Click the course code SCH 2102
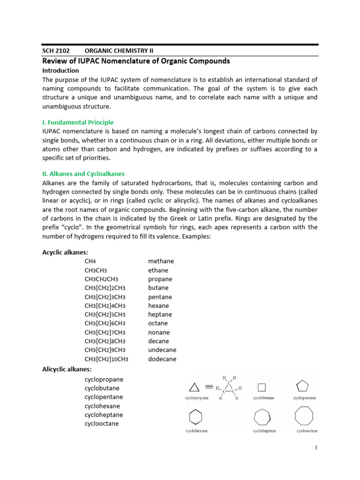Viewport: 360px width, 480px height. pyautogui.click(x=55, y=51)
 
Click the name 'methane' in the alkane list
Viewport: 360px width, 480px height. pyautogui.click(x=161, y=261)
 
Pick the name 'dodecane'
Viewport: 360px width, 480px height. pyautogui.click(x=162, y=359)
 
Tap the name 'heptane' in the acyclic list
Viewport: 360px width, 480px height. pyautogui.click(x=160, y=315)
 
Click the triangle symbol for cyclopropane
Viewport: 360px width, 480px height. pyautogui.click(x=194, y=387)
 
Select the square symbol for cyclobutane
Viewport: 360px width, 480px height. pyautogui.click(x=262, y=387)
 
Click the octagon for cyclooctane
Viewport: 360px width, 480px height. pyautogui.click(x=304, y=416)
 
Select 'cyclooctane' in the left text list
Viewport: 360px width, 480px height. pyautogui.click(x=102, y=424)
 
